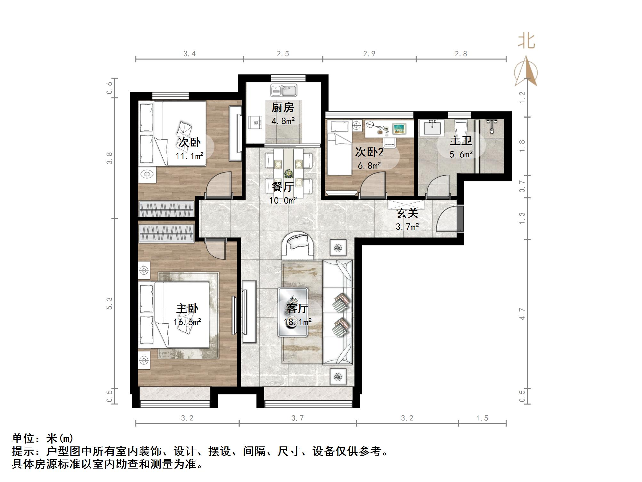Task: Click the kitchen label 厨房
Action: (x=283, y=107)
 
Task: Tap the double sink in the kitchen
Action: (x=283, y=90)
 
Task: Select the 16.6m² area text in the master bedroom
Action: (x=187, y=322)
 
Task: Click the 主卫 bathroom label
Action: (x=461, y=141)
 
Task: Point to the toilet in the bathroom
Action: (x=461, y=129)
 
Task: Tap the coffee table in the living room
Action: (x=293, y=312)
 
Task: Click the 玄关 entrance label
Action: (x=407, y=213)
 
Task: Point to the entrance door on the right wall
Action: (x=460, y=218)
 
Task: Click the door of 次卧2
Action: (x=373, y=184)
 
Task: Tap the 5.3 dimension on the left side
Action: (x=110, y=303)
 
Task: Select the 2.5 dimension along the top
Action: (x=283, y=54)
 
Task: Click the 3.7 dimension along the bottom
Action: (x=297, y=418)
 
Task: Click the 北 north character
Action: (x=526, y=42)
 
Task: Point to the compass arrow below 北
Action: (x=526, y=72)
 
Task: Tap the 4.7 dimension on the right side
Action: (x=522, y=314)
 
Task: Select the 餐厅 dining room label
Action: (x=283, y=187)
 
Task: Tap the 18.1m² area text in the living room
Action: (x=298, y=322)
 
